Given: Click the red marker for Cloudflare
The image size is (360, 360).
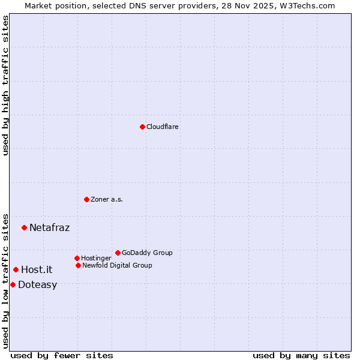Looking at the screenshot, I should click(142, 127).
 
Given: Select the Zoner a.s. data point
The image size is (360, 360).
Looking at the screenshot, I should click(86, 199).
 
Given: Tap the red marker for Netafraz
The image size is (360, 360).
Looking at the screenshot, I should click(24, 227).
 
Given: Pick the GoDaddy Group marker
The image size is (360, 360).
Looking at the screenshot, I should click(118, 253).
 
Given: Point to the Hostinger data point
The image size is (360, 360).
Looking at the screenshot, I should click(77, 258).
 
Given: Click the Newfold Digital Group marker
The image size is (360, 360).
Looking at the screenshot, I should click(78, 265).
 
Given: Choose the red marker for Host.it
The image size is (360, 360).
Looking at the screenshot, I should click(16, 269).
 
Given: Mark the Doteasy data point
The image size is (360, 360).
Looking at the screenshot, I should click(13, 284).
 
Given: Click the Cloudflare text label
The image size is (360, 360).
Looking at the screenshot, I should click(163, 127).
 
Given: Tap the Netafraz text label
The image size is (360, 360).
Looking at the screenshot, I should click(49, 227).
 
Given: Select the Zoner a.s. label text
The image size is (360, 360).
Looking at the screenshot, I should click(107, 199).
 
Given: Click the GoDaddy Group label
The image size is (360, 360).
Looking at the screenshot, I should click(147, 253).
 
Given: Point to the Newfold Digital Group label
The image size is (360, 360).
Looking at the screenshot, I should click(117, 265).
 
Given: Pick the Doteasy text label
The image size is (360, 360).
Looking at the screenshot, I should click(37, 284).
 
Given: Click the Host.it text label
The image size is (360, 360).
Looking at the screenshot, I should click(37, 269).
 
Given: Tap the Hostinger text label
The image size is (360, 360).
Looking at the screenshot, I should click(96, 258).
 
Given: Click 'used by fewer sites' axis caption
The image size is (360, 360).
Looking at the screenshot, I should click(62, 355).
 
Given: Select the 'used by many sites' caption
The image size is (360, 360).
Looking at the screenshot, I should click(301, 355).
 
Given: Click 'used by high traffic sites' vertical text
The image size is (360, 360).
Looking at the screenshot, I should click(5, 85).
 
